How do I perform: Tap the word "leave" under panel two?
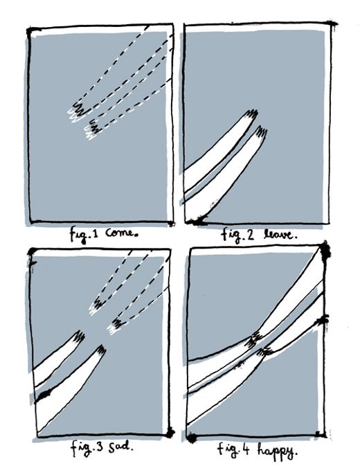(x=279, y=234)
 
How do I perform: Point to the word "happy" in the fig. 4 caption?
(x=277, y=451)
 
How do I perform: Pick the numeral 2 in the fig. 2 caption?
(x=250, y=235)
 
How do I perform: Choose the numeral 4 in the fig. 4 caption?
(x=246, y=449)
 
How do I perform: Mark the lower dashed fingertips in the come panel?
(x=93, y=130)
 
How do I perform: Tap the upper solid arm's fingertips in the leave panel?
(x=251, y=115)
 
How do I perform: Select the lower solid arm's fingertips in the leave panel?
(x=261, y=132)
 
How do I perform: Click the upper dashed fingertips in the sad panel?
(x=97, y=305)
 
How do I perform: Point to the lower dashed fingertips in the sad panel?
(x=116, y=325)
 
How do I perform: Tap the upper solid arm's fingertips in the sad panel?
(x=79, y=337)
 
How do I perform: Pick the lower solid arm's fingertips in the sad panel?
(x=101, y=351)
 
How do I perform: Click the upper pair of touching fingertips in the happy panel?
(x=254, y=339)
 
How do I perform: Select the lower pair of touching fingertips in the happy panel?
(x=265, y=351)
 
